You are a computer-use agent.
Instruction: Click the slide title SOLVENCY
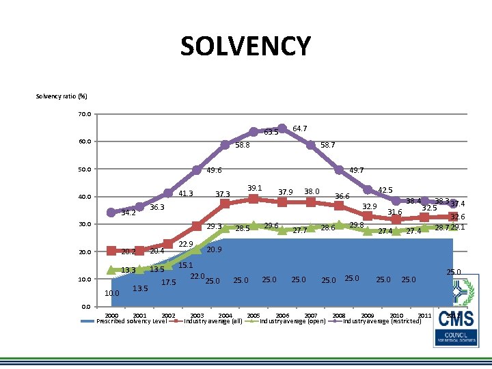pos(245,46)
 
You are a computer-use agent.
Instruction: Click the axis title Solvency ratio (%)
pos(61,96)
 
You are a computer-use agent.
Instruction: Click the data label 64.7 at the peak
pos(299,128)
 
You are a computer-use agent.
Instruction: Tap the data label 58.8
pos(243,146)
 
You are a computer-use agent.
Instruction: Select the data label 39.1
pos(255,188)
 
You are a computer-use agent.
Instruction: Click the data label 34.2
pos(128,213)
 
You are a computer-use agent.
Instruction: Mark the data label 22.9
pos(185,245)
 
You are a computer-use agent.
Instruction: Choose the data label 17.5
pos(169,282)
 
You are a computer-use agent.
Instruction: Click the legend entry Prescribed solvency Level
pos(132,320)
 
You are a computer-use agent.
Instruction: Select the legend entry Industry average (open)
pos(292,320)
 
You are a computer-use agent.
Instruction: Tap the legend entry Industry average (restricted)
pos(381,320)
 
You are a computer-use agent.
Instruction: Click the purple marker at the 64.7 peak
pos(282,128)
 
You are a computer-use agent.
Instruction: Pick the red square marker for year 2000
pos(111,251)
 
